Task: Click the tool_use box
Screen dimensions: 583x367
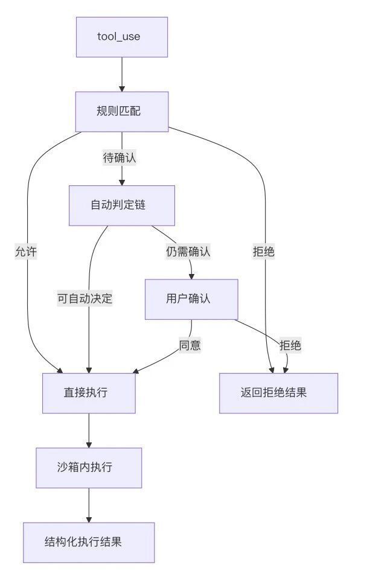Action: pos(121,37)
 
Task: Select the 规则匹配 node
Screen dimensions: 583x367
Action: pos(121,111)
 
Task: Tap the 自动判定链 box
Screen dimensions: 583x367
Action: pos(121,205)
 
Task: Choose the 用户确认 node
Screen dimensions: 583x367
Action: pos(191,299)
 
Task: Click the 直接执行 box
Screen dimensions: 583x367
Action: pos(89,393)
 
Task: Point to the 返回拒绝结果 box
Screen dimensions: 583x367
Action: pos(278,393)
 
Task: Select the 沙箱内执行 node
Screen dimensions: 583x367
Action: pos(89,468)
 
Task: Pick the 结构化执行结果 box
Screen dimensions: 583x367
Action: pos(89,542)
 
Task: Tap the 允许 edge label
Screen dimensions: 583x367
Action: pos(27,252)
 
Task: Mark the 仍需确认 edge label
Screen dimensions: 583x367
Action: pos(188,252)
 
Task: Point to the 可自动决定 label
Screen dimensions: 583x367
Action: pos(85,299)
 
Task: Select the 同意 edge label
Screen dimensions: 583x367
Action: pos(190,346)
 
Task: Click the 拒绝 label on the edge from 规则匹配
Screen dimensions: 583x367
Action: pos(264,252)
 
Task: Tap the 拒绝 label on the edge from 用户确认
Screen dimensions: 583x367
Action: pos(290,346)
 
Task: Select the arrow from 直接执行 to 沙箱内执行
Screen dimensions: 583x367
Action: pos(89,430)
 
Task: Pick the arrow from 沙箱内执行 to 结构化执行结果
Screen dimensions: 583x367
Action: pos(89,505)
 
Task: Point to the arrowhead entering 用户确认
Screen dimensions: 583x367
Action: pos(191,275)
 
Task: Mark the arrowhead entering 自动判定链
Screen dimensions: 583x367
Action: pos(121,182)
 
